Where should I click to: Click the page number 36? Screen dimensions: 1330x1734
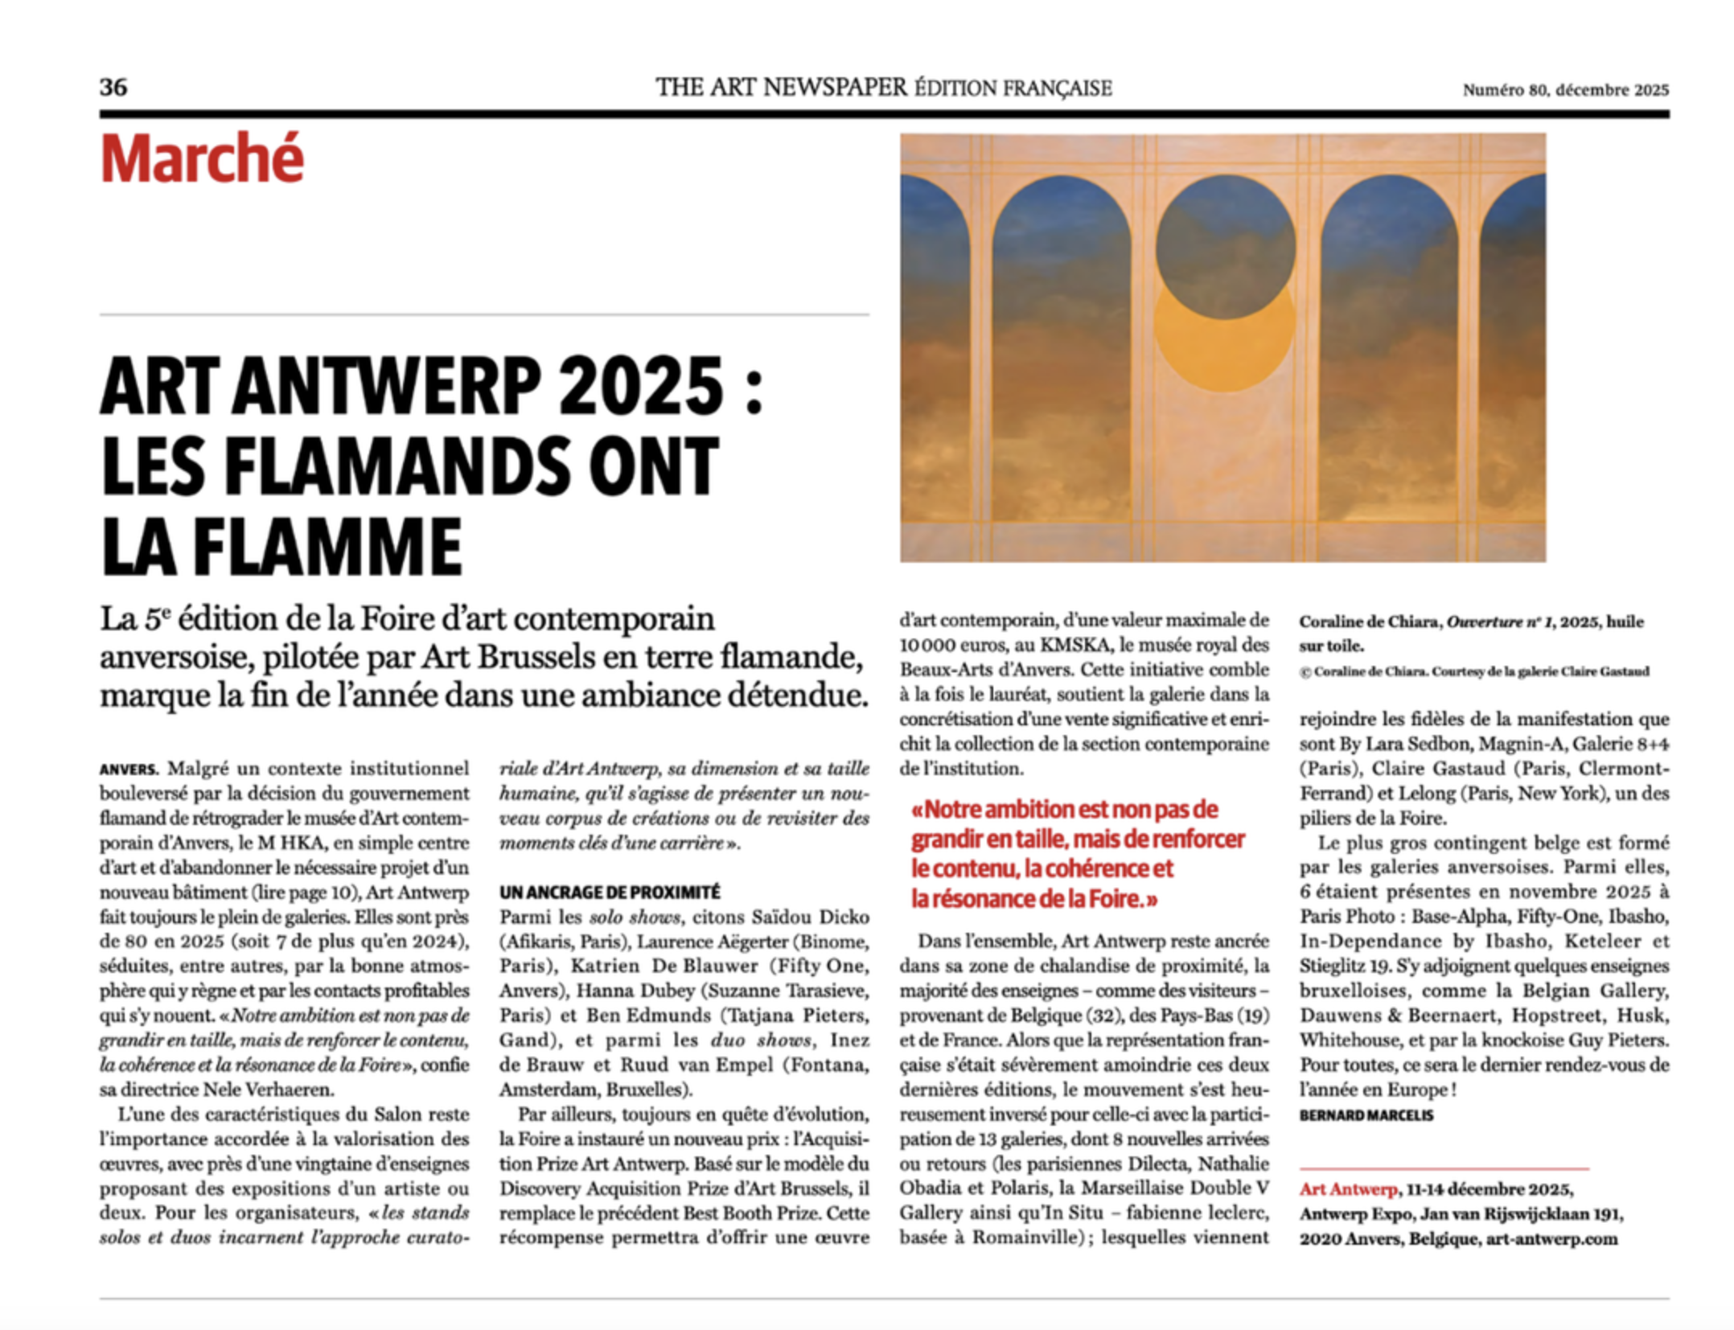(113, 87)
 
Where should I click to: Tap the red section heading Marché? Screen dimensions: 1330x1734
(202, 158)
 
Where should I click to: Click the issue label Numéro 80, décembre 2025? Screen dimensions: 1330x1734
(1565, 90)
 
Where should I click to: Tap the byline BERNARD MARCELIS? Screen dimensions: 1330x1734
(1366, 1115)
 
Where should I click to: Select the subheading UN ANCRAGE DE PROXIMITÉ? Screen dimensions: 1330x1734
(610, 893)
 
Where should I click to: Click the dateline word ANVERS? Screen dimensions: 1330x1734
(129, 770)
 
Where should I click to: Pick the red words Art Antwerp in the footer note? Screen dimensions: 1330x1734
(1349, 1189)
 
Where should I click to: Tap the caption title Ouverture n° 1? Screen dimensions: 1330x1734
(1498, 622)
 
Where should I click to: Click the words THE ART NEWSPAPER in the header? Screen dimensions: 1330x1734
(781, 87)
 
